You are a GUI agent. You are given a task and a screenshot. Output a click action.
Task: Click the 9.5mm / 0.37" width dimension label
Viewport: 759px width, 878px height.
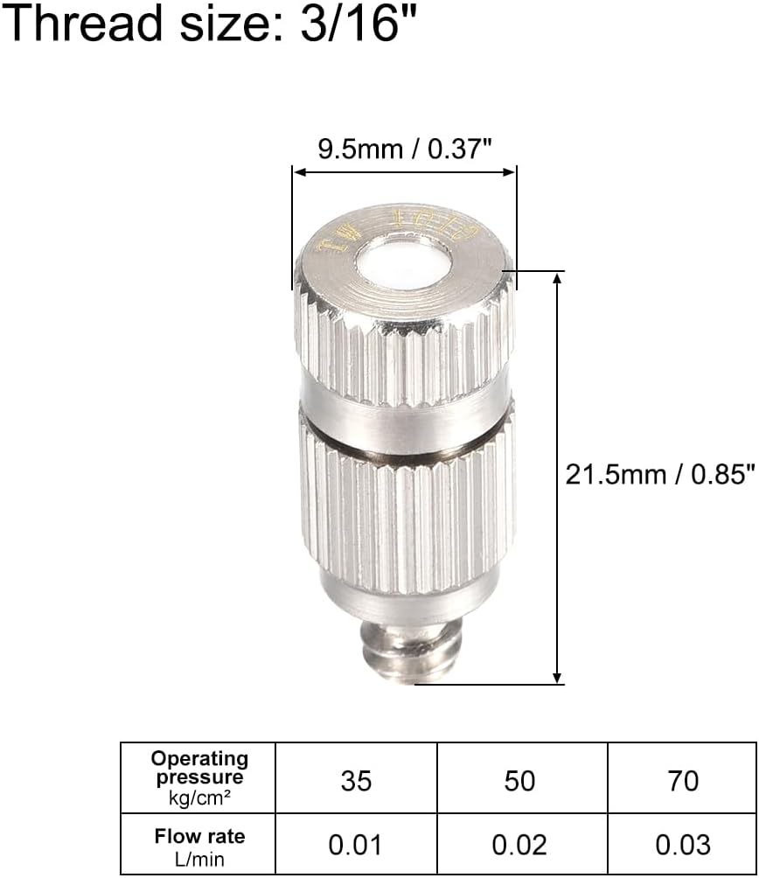[405, 150]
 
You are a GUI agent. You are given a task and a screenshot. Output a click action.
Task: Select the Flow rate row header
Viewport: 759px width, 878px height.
[198, 837]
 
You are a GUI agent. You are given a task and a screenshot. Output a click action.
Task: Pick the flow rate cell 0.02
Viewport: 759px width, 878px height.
[519, 845]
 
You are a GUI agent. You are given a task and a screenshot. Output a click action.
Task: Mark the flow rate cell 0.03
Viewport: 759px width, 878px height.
[683, 845]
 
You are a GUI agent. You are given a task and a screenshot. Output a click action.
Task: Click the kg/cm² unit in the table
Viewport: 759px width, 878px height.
[199, 796]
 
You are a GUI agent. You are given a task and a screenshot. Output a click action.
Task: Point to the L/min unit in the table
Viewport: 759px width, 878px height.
[200, 859]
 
